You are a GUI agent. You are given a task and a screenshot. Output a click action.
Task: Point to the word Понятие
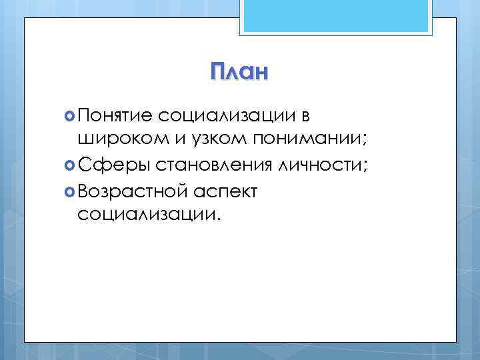pos(116,116)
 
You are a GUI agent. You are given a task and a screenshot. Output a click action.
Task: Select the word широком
pos(119,141)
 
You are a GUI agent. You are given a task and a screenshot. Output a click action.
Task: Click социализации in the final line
pos(143,215)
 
